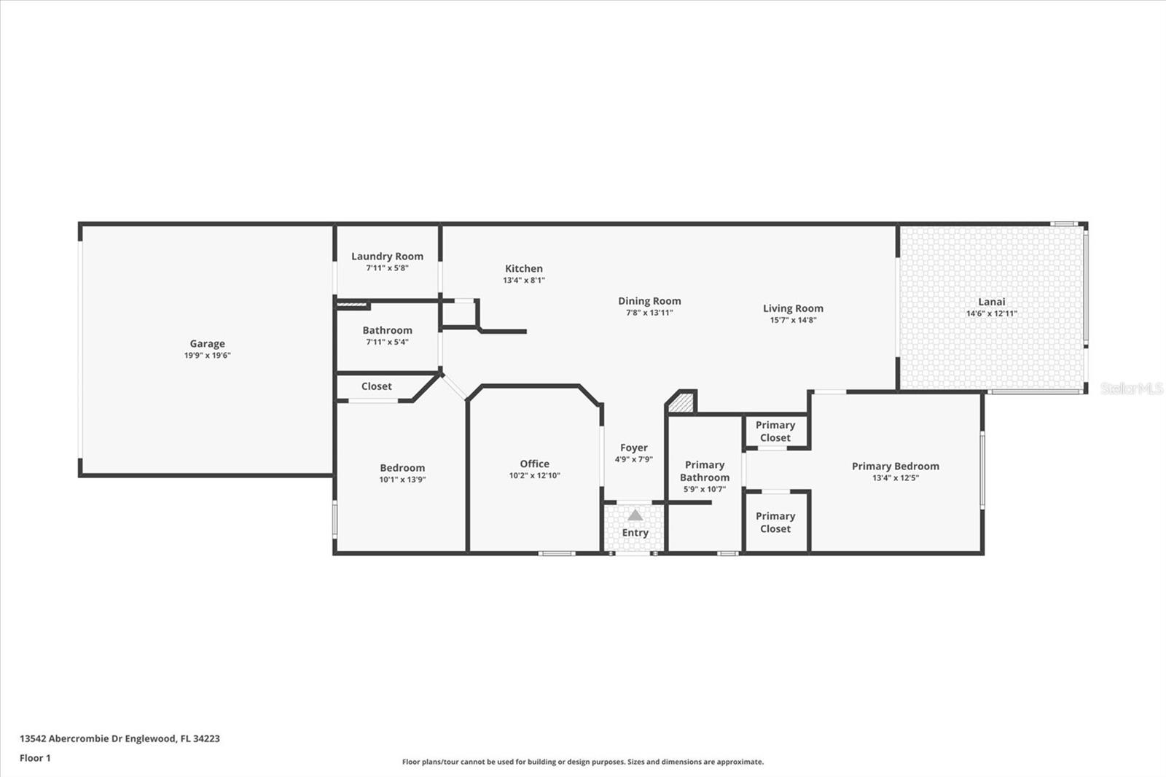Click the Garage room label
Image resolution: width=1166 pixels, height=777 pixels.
click(207, 343)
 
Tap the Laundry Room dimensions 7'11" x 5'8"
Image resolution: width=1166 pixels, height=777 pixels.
click(387, 268)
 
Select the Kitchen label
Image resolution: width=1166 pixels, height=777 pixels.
click(523, 268)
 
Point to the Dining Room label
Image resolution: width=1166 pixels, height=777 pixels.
click(649, 300)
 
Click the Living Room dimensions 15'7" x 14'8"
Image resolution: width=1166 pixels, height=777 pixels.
click(793, 320)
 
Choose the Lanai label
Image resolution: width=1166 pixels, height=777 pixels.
click(991, 301)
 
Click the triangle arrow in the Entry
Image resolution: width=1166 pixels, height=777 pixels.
click(635, 515)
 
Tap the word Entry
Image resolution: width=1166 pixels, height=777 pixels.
click(635, 533)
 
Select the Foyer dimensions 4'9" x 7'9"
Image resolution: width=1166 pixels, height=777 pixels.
click(633, 460)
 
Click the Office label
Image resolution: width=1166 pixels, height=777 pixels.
click(534, 464)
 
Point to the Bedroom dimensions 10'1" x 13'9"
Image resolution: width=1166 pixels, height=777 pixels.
click(402, 480)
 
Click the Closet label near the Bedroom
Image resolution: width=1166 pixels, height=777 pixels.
click(376, 386)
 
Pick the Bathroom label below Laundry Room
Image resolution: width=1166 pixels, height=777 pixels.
click(387, 330)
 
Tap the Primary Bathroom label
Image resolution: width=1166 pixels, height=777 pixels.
click(704, 471)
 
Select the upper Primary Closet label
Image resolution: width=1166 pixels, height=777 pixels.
click(775, 431)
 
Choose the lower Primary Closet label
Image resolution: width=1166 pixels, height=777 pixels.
click(775, 522)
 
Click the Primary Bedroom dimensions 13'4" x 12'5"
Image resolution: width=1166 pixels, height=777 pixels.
click(895, 478)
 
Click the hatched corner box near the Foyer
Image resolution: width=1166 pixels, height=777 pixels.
click(682, 402)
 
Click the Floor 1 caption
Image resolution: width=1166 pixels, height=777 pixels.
click(35, 758)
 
